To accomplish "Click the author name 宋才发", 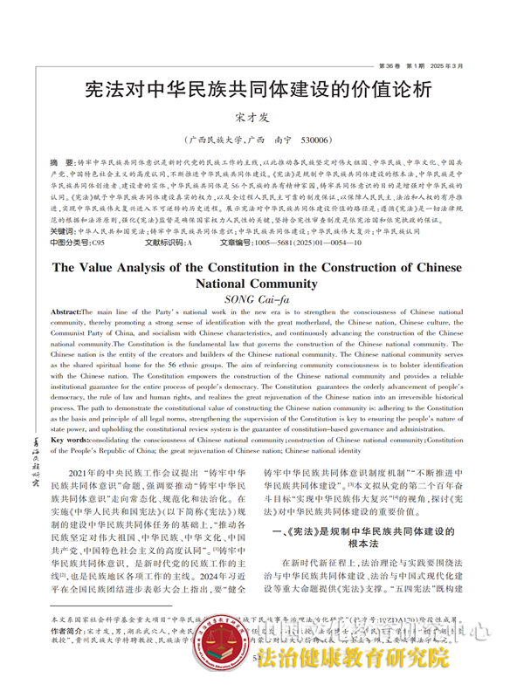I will (x=261, y=117).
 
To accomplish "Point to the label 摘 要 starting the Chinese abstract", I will (x=61, y=163).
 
